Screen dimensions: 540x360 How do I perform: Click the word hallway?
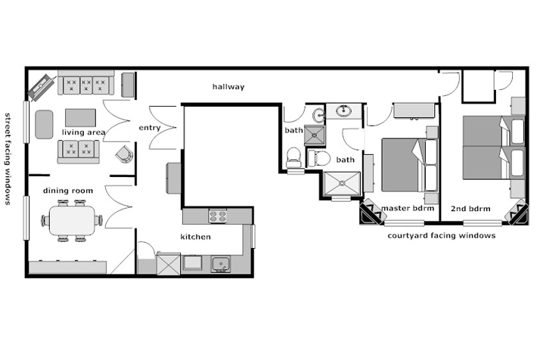(228, 86)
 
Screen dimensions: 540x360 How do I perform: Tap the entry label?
(150, 128)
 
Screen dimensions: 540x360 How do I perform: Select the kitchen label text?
(196, 237)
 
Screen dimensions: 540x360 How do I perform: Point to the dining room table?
(72, 221)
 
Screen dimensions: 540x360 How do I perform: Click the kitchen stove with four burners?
(218, 216)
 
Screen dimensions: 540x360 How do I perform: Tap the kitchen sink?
(221, 265)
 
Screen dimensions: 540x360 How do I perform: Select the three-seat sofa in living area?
(85, 82)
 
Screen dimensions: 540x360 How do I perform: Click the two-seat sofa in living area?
(79, 151)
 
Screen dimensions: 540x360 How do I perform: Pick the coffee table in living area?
(81, 118)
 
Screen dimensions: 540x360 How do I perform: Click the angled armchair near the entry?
(124, 154)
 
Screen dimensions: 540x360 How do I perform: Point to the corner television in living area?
(42, 88)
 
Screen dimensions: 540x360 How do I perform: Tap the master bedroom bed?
(410, 165)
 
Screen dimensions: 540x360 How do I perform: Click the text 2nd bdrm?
(470, 209)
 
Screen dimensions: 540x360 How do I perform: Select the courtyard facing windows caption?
(442, 236)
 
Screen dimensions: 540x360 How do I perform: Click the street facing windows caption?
(8, 159)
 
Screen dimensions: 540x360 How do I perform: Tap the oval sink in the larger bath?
(343, 110)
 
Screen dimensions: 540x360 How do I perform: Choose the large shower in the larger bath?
(342, 184)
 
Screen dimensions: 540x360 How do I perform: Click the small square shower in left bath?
(315, 135)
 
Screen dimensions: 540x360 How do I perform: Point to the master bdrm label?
(408, 208)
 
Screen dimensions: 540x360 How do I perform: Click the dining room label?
(68, 191)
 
